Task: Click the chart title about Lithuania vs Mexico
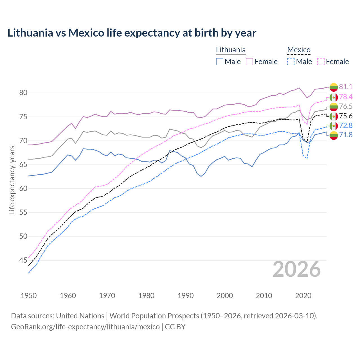pyautogui.click(x=132, y=33)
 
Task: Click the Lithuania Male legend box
pyautogui.click(x=220, y=62)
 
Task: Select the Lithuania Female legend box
pyautogui.click(x=249, y=62)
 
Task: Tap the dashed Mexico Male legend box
pyautogui.click(x=291, y=62)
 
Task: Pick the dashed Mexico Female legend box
pyautogui.click(x=321, y=62)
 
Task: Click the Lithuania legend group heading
pyautogui.click(x=231, y=50)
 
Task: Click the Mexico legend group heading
pyautogui.click(x=299, y=50)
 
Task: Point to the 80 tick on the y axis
pyautogui.click(x=23, y=93)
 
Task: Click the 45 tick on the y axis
pyautogui.click(x=23, y=260)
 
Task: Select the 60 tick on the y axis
pyautogui.click(x=23, y=188)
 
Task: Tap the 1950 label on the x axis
pyautogui.click(x=29, y=296)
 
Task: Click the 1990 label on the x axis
pyautogui.click(x=186, y=296)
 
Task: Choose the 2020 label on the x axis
pyautogui.click(x=303, y=296)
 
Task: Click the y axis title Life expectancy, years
pyautogui.click(x=12, y=180)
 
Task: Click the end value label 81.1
pyautogui.click(x=346, y=87)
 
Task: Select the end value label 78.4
pyautogui.click(x=346, y=97)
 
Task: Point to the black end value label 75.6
pyautogui.click(x=346, y=116)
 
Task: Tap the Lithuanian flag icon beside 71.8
pyautogui.click(x=334, y=135)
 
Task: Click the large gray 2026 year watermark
pyautogui.click(x=296, y=269)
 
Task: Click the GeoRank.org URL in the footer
pyautogui.click(x=85, y=327)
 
